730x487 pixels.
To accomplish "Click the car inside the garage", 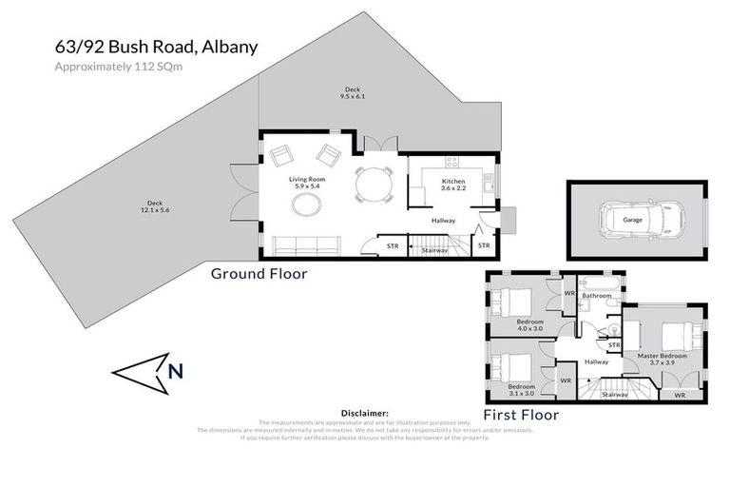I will tap(636, 220).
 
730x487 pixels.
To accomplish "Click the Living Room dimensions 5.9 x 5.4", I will tap(307, 186).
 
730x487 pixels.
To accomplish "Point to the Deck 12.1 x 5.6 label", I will tap(154, 206).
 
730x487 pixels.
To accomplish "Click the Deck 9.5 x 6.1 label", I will tap(352, 93).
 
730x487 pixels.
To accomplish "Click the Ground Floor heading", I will tap(258, 274).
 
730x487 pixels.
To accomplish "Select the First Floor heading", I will tap(521, 415).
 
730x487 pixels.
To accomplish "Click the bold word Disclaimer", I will tap(364, 414).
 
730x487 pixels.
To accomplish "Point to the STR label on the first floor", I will tap(614, 344).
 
